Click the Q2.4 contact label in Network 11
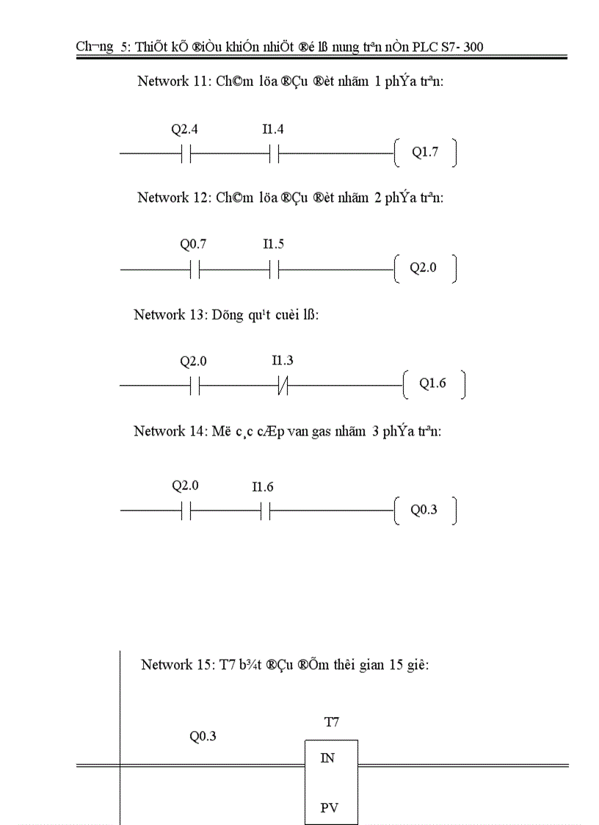(184, 130)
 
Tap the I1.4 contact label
(273, 130)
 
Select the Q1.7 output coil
(424, 153)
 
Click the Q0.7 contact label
(193, 245)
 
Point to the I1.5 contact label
(273, 245)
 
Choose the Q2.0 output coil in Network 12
(423, 268)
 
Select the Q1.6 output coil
(432, 383)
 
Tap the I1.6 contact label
(263, 487)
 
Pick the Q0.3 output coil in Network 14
(424, 510)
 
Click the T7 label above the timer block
(332, 723)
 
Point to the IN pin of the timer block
(327, 758)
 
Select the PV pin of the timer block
(329, 808)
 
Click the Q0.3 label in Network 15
(203, 736)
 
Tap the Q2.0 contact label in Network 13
(193, 361)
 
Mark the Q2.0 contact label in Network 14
(185, 486)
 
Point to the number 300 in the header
(473, 47)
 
